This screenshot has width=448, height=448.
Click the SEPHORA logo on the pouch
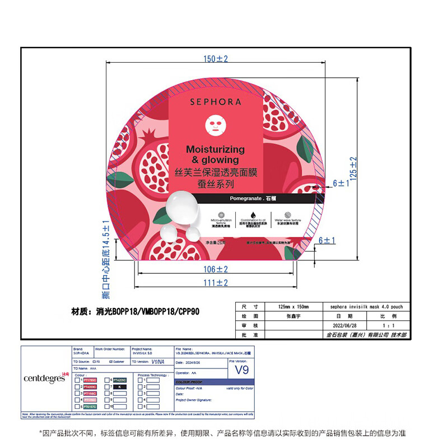pyautogui.click(x=216, y=102)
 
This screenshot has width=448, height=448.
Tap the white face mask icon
pyautogui.click(x=216, y=126)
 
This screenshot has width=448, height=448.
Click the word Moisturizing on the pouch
pyautogui.click(x=216, y=150)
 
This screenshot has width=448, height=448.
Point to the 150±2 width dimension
pyautogui.click(x=216, y=59)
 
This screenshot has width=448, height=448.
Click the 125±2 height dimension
pyautogui.click(x=353, y=168)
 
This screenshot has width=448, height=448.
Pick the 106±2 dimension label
pyautogui.click(x=215, y=269)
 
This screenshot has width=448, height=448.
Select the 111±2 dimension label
pyautogui.click(x=215, y=283)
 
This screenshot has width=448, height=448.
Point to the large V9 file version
pyautogui.click(x=241, y=370)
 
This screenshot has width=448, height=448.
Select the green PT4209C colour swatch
pyautogui.click(x=123, y=380)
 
